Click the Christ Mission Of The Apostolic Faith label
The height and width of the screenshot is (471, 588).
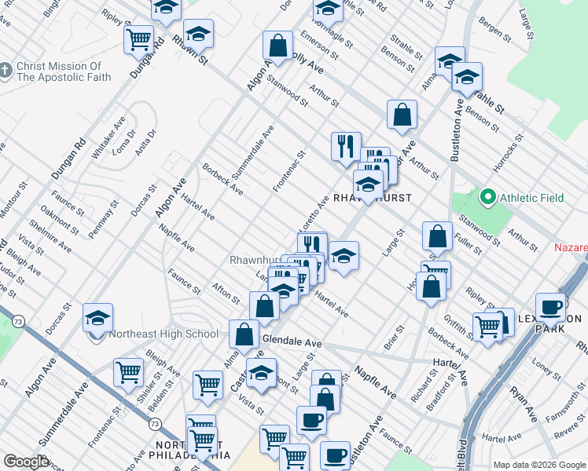coord(59,71)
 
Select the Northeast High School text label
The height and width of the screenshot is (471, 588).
coord(163,334)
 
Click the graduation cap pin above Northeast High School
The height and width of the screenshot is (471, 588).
coord(97,318)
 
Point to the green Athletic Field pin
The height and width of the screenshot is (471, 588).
coord(488,198)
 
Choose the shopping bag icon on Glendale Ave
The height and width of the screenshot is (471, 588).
coord(244,334)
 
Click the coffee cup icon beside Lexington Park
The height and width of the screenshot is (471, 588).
coord(551,307)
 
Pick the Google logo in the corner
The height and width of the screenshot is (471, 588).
coord(25,462)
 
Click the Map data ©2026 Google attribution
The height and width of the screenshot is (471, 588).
coord(539,465)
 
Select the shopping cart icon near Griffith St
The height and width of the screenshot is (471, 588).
coord(488,327)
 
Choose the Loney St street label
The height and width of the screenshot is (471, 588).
coord(544,365)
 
